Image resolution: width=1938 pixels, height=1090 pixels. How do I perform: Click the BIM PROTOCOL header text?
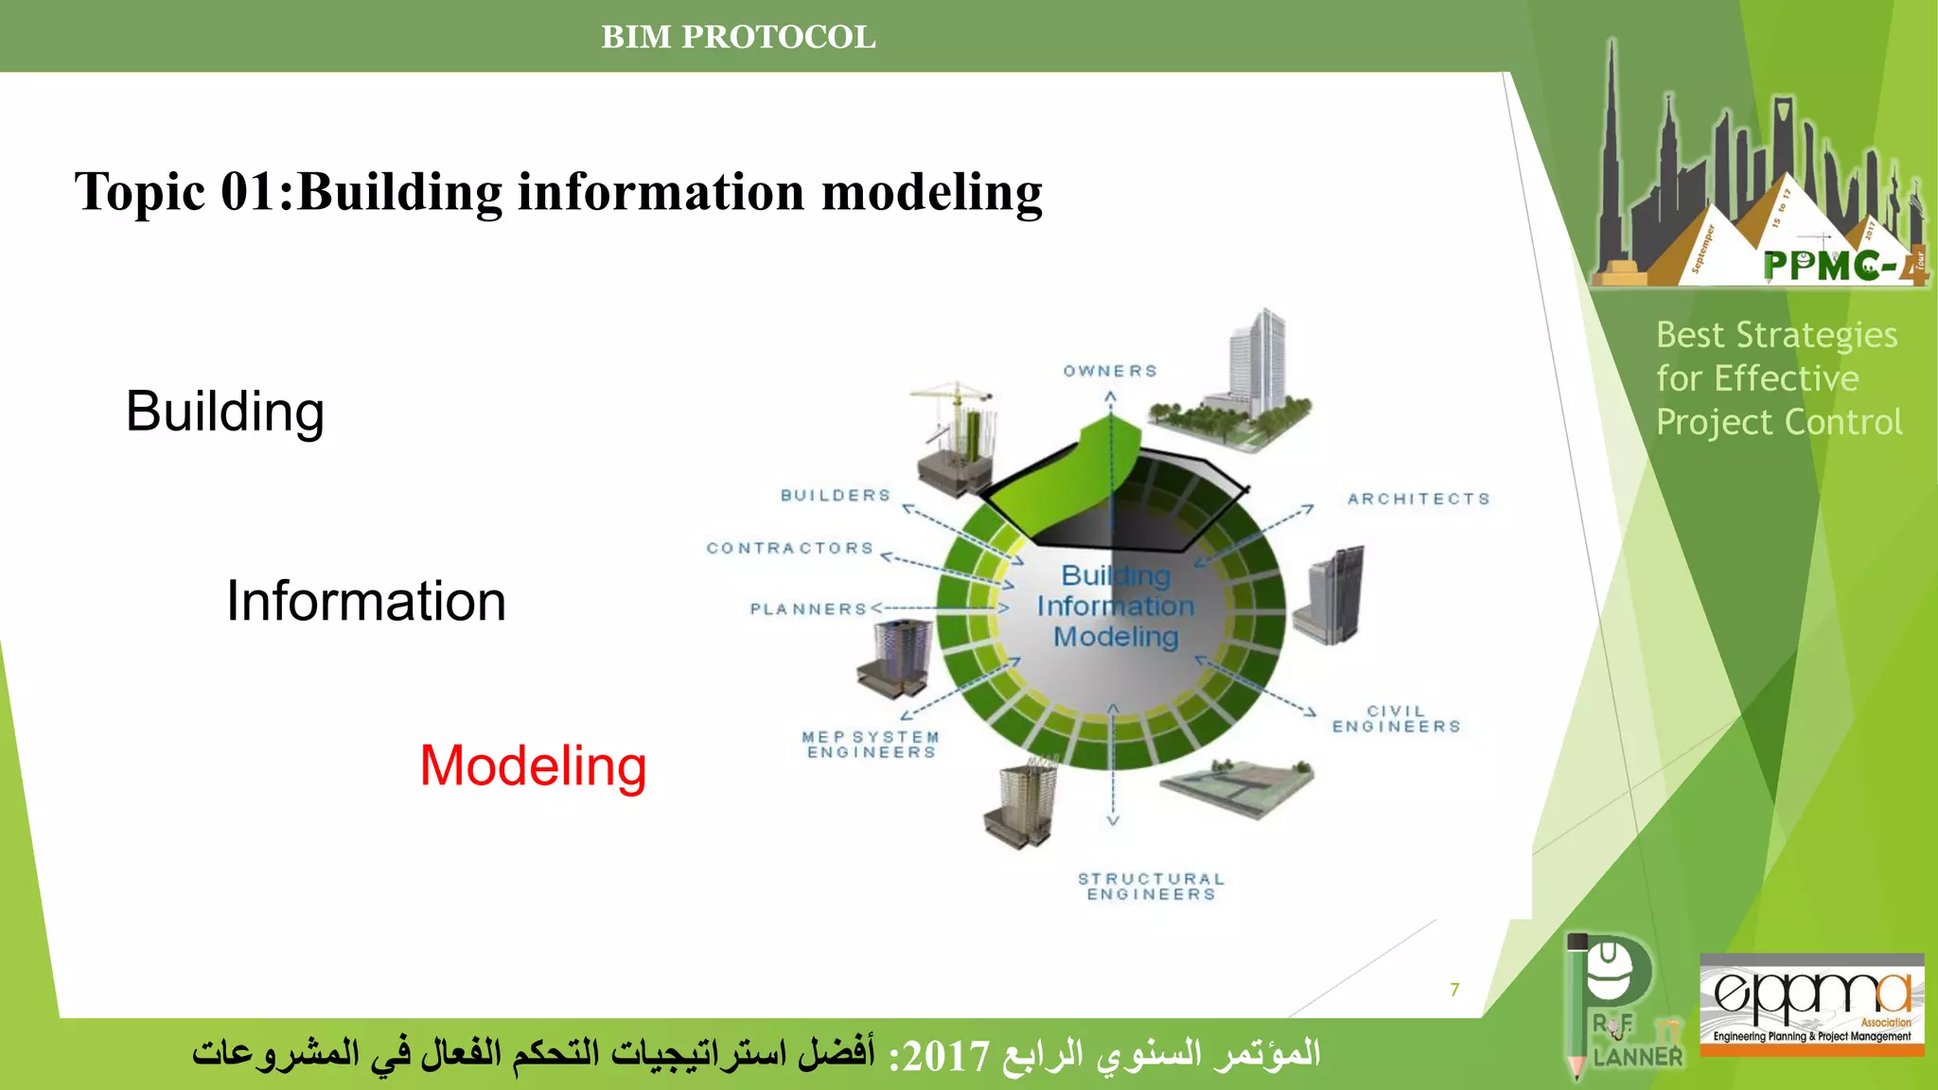[738, 37]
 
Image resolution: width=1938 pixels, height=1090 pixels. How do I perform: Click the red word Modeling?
[533, 765]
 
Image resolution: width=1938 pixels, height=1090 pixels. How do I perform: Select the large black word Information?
[365, 601]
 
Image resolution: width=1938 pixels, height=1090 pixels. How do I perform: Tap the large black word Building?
[225, 412]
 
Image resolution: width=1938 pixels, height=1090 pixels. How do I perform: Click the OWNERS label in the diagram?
[1110, 371]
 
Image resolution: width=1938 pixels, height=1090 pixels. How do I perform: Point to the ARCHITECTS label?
[1418, 499]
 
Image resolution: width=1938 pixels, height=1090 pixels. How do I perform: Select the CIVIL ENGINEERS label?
[1396, 719]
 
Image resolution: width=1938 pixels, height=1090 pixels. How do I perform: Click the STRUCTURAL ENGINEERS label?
[1151, 887]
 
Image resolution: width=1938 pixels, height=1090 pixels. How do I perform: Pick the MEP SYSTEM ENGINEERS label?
[871, 745]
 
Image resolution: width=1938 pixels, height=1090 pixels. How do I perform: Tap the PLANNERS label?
[808, 609]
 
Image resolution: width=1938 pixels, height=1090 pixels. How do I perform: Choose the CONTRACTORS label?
[790, 549]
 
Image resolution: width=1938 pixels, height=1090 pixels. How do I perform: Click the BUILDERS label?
[836, 496]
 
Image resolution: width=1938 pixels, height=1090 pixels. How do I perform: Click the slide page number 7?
[1454, 990]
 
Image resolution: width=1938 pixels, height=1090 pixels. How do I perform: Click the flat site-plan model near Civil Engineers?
[1238, 786]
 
